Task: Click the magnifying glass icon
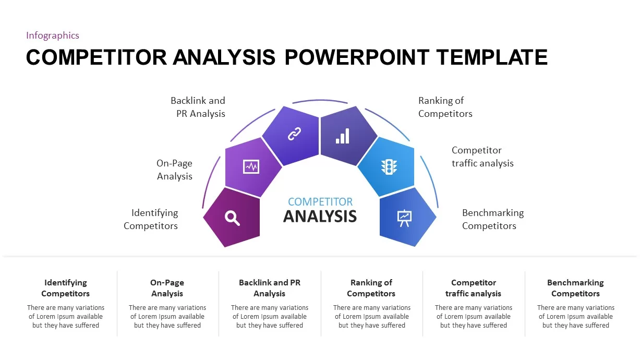[233, 218]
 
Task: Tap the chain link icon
[294, 134]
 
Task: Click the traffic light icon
[389, 167]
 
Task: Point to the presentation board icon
[404, 218]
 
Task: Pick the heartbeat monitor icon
[251, 167]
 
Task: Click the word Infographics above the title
[53, 35]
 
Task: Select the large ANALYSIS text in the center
[320, 216]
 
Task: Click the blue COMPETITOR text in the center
[320, 201]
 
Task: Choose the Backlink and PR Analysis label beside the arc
[198, 107]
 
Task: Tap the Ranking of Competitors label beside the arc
[445, 107]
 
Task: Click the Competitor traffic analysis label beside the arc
[482, 157]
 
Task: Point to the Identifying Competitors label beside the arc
[151, 219]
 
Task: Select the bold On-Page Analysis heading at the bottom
[167, 288]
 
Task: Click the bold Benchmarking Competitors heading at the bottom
[575, 288]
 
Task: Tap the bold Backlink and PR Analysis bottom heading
[269, 288]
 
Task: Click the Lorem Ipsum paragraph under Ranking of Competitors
[371, 317]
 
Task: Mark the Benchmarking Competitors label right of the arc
[492, 219]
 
